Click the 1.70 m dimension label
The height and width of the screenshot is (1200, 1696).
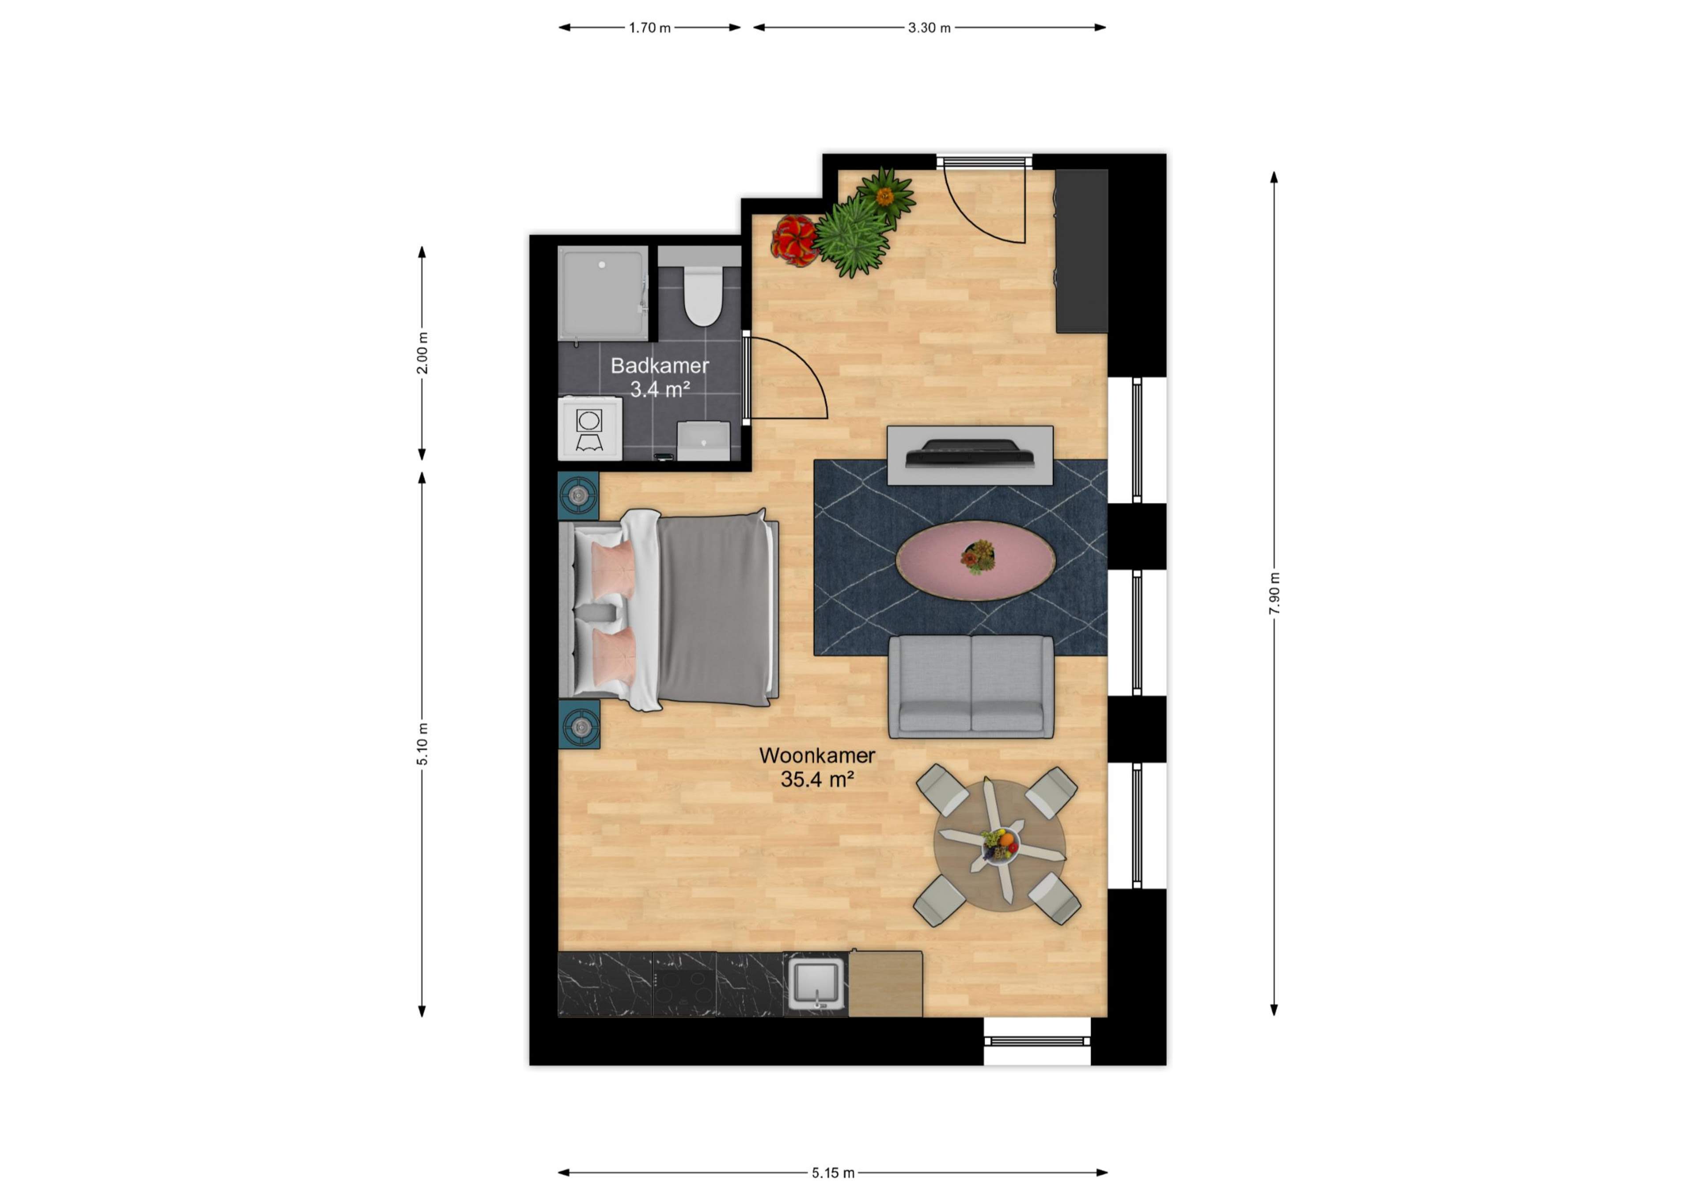click(x=649, y=28)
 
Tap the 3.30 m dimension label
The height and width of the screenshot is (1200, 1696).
click(x=929, y=28)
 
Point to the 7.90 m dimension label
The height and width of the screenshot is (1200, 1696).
click(x=1274, y=593)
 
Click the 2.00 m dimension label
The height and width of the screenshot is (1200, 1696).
click(x=422, y=352)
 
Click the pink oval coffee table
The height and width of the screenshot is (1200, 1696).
click(x=975, y=560)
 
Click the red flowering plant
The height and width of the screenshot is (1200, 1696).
click(x=794, y=240)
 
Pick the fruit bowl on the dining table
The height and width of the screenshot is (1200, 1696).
click(x=999, y=843)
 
